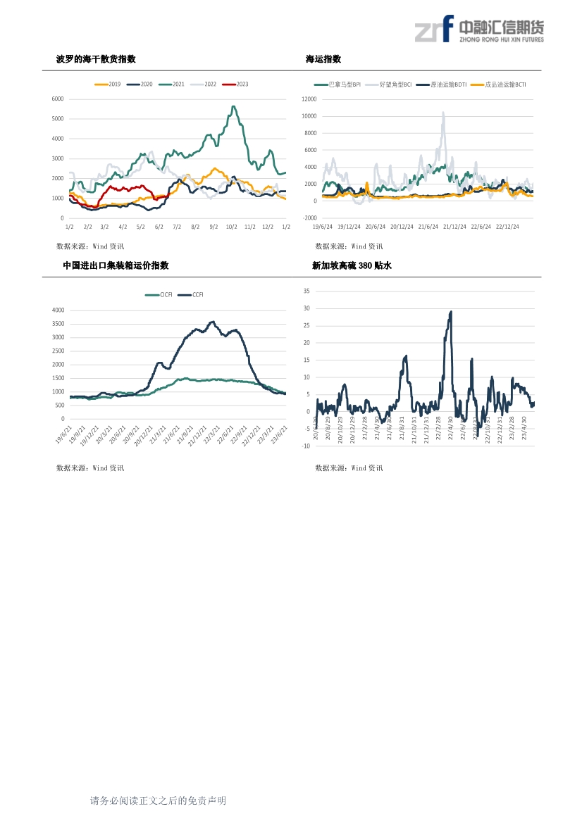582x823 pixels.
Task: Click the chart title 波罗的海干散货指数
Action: (96, 59)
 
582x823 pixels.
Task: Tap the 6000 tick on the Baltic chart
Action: (58, 99)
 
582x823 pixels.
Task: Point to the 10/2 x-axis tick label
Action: (232, 227)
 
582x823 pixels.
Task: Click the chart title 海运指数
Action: (323, 59)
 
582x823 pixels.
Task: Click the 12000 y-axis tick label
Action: (309, 99)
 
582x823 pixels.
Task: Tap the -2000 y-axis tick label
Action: (309, 218)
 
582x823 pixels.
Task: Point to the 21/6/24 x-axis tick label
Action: (428, 227)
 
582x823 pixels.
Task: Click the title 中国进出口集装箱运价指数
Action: (116, 266)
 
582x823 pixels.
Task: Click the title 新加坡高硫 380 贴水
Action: (351, 266)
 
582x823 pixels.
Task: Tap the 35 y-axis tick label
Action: (307, 291)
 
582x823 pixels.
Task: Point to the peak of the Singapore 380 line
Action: (451, 312)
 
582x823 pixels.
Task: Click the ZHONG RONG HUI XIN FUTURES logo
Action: (479, 30)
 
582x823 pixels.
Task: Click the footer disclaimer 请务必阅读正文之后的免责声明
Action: (158, 800)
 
